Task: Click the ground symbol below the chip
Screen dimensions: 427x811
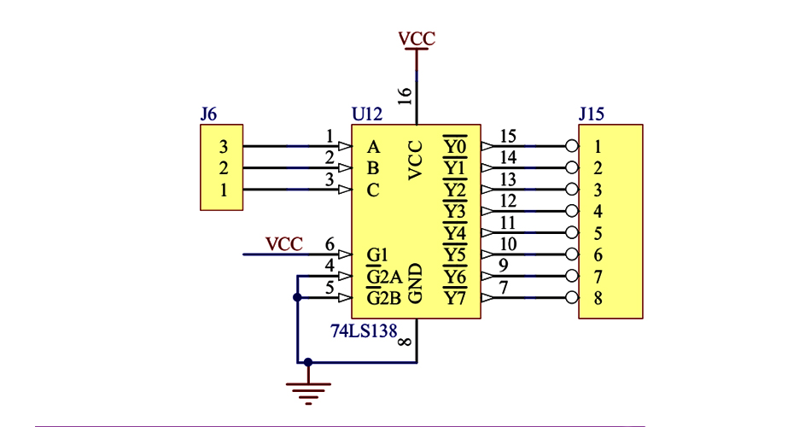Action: pos(308,389)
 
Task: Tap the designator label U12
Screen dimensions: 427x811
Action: pos(367,114)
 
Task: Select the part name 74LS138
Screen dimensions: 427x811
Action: pos(364,330)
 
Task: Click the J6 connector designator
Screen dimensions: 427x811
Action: pos(208,114)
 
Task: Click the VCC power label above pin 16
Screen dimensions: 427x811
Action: pos(417,38)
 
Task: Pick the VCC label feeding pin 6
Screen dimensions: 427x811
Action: pos(284,244)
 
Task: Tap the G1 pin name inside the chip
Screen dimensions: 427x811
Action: pos(377,254)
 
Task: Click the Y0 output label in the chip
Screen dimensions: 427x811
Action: pos(455,146)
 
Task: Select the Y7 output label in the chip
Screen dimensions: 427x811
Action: pos(455,298)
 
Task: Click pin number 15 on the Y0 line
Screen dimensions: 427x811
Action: pos(508,136)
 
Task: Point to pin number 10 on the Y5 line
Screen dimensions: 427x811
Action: pos(508,244)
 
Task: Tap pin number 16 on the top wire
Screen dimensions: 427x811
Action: pos(405,96)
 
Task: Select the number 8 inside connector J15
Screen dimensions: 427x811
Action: pos(598,298)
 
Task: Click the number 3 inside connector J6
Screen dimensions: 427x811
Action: pos(224,146)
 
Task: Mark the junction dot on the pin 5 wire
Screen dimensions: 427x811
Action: pos(297,297)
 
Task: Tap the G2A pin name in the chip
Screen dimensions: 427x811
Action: pos(383,277)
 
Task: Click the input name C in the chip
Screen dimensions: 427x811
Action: pos(372,190)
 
